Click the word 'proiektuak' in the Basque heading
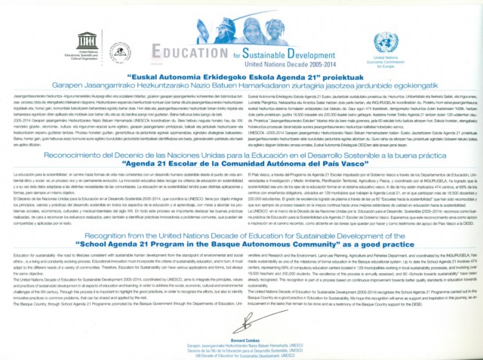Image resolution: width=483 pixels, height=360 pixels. tap(339, 76)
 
